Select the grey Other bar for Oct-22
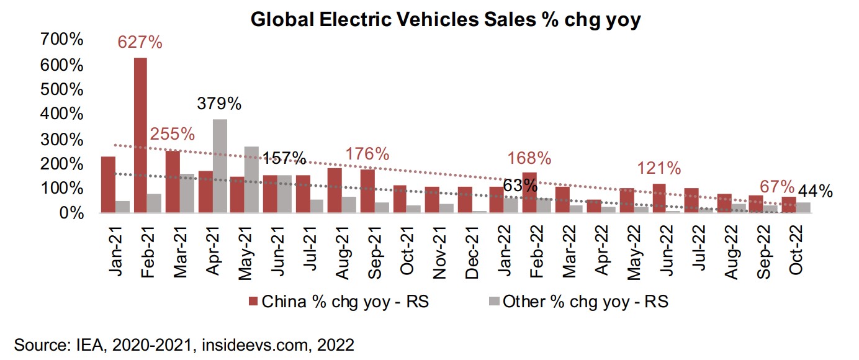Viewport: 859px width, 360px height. pyautogui.click(x=803, y=208)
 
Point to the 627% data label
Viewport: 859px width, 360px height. pyautogui.click(x=140, y=43)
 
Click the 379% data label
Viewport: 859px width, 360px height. pyautogui.click(x=219, y=104)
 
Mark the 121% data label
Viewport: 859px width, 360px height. pyautogui.click(x=660, y=168)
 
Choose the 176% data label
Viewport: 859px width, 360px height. pyautogui.click(x=368, y=153)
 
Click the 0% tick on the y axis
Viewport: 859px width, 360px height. pyautogui.click(x=70, y=214)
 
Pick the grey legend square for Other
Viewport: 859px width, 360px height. pyautogui.click(x=494, y=302)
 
